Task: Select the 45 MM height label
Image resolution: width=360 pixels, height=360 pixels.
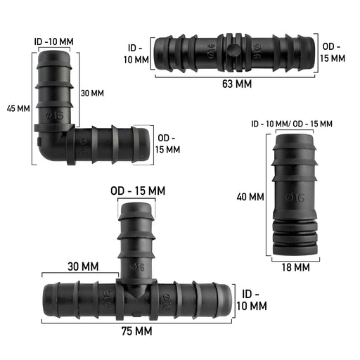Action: point(18,109)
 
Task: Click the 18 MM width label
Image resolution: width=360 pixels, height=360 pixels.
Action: point(296,267)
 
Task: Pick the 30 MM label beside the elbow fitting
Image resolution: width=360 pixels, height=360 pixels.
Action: point(91,94)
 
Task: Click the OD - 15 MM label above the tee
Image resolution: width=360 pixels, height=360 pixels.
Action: point(138,191)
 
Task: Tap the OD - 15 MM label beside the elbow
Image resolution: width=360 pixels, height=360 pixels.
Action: point(168,143)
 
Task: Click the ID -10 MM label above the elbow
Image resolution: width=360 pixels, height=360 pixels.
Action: point(53,41)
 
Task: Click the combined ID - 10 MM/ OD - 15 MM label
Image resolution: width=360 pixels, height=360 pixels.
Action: point(292,124)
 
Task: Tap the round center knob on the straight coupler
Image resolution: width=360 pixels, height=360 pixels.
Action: point(233,51)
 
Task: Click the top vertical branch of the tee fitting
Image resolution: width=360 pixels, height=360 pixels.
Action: point(138,232)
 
